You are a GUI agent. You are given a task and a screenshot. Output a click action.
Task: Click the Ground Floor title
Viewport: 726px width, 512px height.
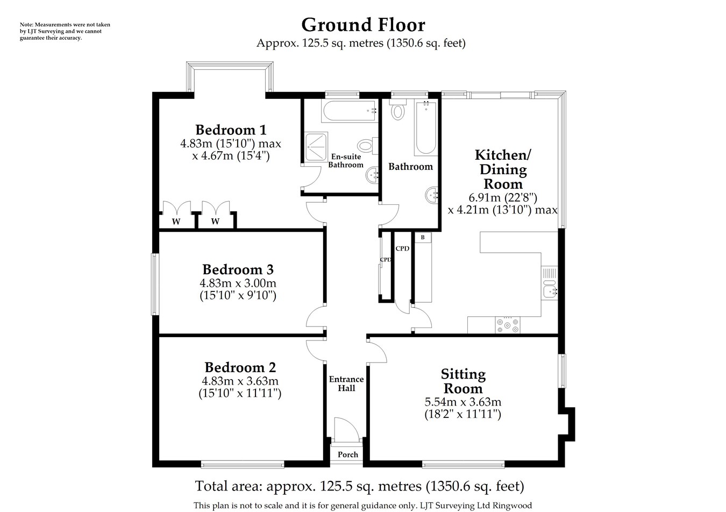363,25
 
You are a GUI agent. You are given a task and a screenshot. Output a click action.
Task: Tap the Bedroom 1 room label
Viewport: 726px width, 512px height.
231,130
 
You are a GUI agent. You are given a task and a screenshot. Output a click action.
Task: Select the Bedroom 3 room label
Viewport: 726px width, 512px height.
238,269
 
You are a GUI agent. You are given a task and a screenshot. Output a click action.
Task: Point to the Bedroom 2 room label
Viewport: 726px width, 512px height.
240,367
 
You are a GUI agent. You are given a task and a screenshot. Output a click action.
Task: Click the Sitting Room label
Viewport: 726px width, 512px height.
462,381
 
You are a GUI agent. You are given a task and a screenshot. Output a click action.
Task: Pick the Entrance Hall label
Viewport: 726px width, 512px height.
346,383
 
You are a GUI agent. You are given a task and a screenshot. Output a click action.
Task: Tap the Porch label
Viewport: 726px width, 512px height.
347,454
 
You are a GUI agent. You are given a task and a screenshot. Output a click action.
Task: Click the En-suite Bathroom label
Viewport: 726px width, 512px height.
346,161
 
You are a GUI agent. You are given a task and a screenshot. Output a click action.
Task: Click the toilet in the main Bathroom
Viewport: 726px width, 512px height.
398,111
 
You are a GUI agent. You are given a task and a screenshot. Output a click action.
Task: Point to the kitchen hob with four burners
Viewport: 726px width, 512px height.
508,325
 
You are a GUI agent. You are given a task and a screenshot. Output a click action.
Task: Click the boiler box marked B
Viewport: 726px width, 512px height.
423,237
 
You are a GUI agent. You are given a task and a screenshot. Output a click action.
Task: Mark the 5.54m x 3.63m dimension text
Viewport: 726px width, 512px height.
462,402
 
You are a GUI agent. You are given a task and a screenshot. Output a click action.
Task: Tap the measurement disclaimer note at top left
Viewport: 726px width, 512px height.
65,31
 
